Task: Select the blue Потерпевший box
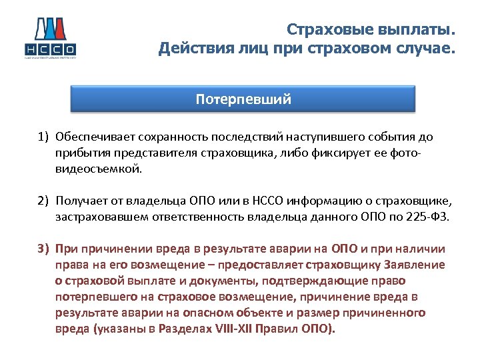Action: click(x=243, y=99)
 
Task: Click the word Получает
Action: click(x=79, y=201)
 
